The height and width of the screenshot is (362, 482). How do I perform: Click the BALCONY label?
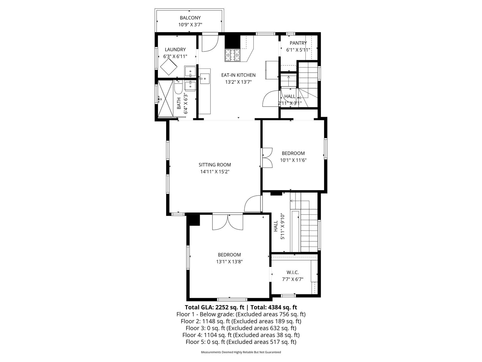pos(190,18)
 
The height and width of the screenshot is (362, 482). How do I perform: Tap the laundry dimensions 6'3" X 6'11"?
pos(175,56)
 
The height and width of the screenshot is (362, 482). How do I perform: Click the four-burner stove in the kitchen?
pos(232,55)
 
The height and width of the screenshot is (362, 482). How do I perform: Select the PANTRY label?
pos(298,43)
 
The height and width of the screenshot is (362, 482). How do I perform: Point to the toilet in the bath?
pos(178,88)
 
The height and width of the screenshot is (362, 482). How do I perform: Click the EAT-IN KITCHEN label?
pos(238,75)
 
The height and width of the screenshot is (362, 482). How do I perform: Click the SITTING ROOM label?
pos(215,165)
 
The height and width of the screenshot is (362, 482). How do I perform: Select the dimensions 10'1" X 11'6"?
pos(293,160)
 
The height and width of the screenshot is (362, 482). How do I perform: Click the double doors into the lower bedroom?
pos(227,222)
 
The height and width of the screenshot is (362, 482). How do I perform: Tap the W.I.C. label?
pos(292,272)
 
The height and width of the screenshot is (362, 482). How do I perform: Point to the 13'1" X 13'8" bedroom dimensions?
pos(229,262)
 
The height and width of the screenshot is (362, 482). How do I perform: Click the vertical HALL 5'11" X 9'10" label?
pos(279,227)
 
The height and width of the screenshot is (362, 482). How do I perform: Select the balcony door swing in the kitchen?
pos(210,43)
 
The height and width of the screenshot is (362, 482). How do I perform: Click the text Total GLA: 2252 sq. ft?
pos(214,307)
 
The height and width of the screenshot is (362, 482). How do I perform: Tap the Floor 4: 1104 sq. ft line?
pos(241,335)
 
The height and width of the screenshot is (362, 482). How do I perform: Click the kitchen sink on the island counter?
pos(205,79)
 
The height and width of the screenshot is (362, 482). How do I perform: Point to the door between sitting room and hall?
pos(252,204)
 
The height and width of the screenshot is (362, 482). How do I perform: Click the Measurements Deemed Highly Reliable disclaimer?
pos(241,352)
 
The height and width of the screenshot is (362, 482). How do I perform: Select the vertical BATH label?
pos(179,103)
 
